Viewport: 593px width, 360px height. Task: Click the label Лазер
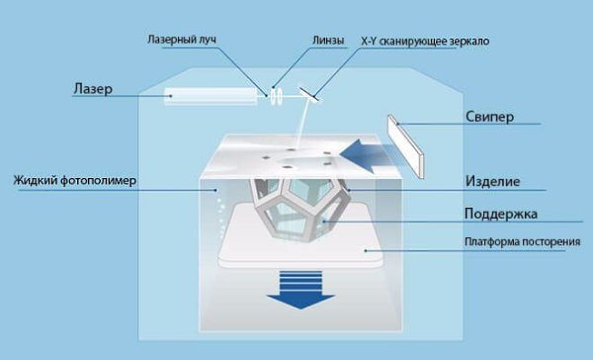click(93, 89)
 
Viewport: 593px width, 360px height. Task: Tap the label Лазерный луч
click(182, 40)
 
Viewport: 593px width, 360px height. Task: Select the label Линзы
click(328, 41)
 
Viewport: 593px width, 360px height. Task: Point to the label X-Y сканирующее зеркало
click(425, 42)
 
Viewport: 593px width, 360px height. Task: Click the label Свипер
click(489, 117)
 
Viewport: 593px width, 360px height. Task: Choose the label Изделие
click(492, 181)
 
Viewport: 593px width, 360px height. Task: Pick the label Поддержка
click(501, 214)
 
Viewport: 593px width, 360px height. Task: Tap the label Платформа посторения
click(522, 242)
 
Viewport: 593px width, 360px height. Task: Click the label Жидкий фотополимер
click(74, 180)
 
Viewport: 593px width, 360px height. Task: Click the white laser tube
click(211, 96)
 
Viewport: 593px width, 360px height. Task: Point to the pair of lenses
click(276, 96)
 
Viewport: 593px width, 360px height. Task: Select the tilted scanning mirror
click(309, 95)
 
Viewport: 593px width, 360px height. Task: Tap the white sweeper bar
click(406, 146)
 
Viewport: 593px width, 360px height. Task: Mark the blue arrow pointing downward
click(300, 290)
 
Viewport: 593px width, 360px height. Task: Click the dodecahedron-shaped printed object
click(299, 209)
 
